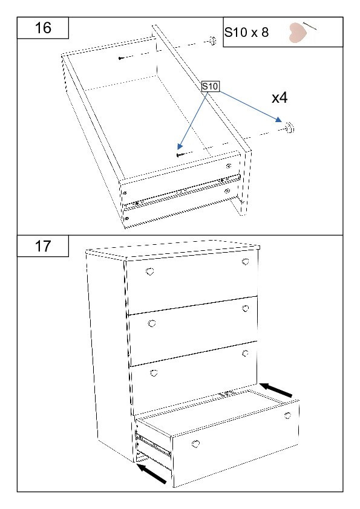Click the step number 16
click(x=43, y=28)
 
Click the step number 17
click(x=43, y=246)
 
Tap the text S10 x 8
click(x=247, y=32)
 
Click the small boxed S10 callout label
click(x=210, y=86)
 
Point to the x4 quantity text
click(x=280, y=97)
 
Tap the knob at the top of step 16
click(x=212, y=41)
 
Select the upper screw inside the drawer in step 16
click(x=122, y=58)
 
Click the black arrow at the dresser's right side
click(x=276, y=390)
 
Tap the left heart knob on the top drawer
click(x=150, y=271)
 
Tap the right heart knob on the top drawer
click(x=245, y=262)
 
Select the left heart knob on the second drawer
click(x=152, y=323)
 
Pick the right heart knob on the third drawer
click(x=245, y=353)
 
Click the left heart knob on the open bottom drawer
click(x=195, y=444)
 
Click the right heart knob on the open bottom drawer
click(x=287, y=415)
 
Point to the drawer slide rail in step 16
click(x=182, y=192)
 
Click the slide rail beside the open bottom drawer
click(x=152, y=444)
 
